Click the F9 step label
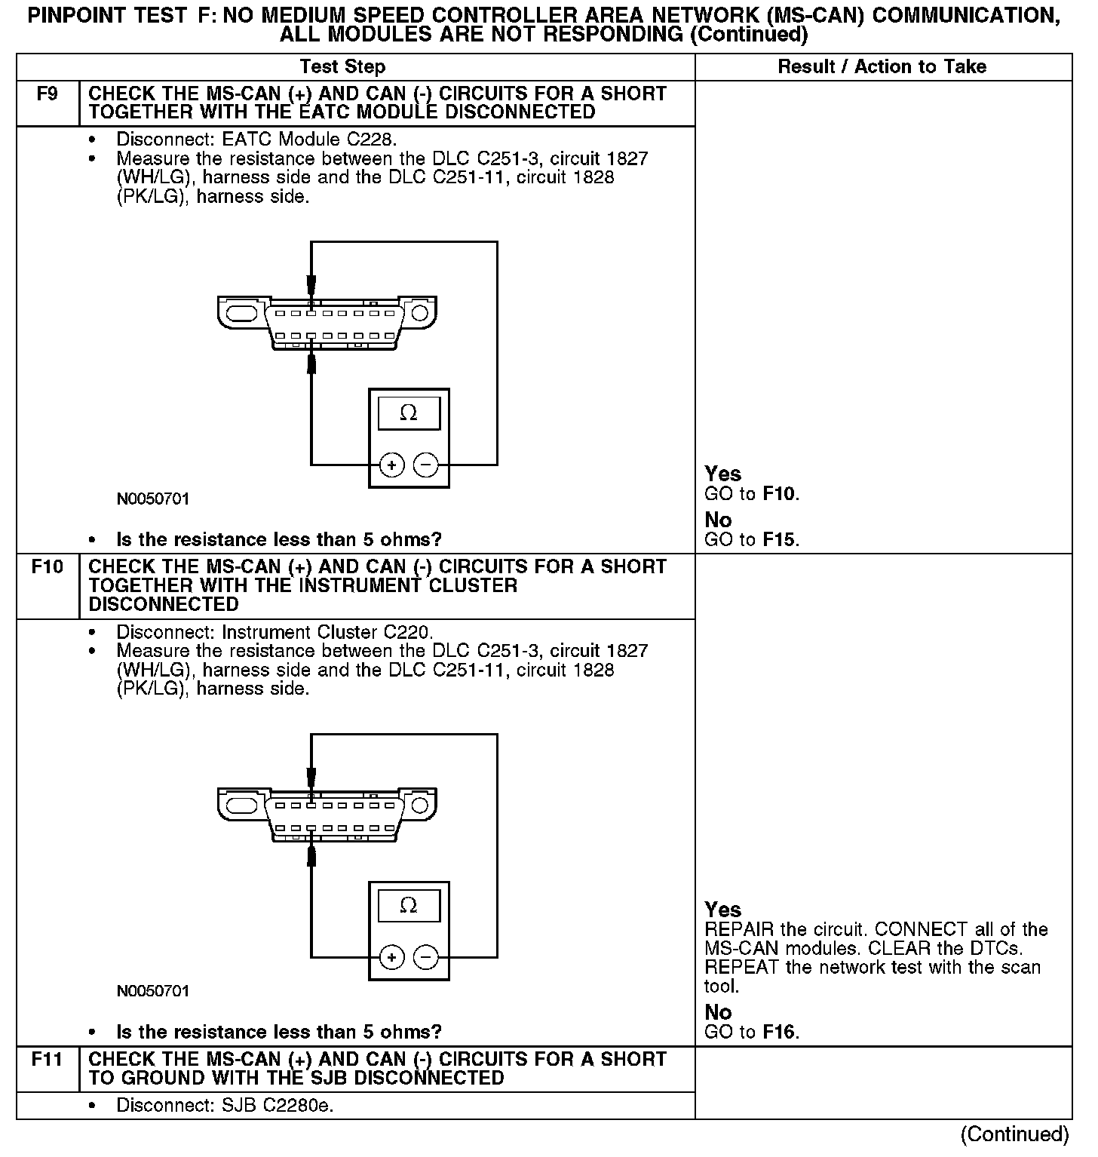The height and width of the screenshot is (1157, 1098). (x=47, y=95)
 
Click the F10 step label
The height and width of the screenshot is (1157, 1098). (x=47, y=567)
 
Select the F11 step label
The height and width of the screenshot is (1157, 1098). (x=47, y=1060)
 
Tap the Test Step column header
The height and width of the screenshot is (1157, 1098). (x=342, y=67)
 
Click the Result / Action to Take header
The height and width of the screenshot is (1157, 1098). (x=882, y=67)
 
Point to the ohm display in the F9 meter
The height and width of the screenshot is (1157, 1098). (x=409, y=413)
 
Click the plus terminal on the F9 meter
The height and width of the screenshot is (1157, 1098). (x=391, y=465)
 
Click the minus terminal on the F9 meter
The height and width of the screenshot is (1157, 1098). (x=426, y=465)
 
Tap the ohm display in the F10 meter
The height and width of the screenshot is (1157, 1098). (x=409, y=906)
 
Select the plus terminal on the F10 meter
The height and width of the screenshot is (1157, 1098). (x=391, y=958)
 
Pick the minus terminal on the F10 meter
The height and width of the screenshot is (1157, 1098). (x=426, y=958)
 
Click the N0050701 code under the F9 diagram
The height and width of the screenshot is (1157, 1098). (x=153, y=499)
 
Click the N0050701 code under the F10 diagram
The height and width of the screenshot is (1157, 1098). (x=153, y=991)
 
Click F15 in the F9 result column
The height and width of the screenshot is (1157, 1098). (x=779, y=540)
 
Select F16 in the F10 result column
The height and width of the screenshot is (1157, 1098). (x=779, y=1033)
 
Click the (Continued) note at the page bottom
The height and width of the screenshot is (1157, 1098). (x=1014, y=1134)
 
